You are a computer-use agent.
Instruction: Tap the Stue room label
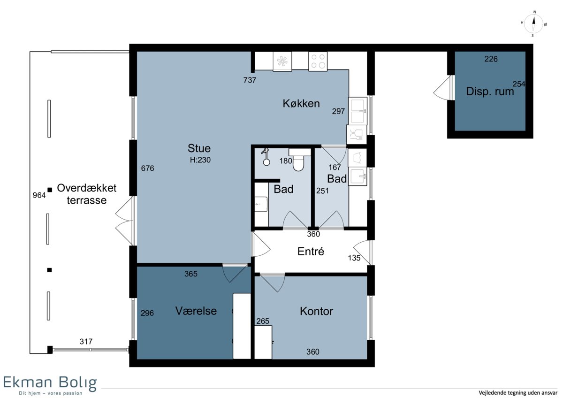(x=199, y=148)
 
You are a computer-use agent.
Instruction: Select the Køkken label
(x=301, y=103)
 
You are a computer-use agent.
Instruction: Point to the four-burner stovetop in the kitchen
(x=318, y=61)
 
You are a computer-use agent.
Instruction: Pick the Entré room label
(x=311, y=251)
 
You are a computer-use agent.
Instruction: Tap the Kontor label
(x=316, y=311)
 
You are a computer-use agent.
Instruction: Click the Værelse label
(x=196, y=311)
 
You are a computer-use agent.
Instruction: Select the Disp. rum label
(x=490, y=92)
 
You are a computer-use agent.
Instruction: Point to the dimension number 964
(x=39, y=195)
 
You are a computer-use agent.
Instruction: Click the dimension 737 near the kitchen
(x=250, y=80)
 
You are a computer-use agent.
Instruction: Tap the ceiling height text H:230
(x=200, y=160)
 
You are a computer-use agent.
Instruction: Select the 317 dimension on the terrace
(x=86, y=341)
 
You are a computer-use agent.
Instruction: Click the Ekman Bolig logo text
(x=50, y=383)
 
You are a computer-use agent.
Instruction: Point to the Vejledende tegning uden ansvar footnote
(x=518, y=392)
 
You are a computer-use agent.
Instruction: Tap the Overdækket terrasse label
(x=87, y=194)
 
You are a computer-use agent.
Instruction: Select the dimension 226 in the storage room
(x=491, y=59)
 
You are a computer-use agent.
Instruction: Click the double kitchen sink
(x=358, y=111)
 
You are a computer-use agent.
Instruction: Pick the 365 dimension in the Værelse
(x=191, y=274)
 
